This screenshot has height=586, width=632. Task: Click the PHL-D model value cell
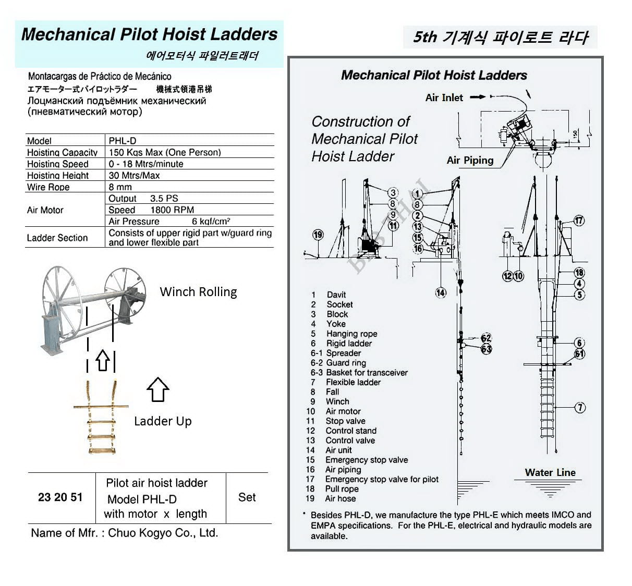click(123, 140)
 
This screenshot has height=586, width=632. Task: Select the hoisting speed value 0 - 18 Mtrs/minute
click(146, 164)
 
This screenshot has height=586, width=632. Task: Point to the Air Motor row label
click(45, 210)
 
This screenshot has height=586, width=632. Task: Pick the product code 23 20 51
click(60, 497)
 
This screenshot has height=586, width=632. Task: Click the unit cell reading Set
click(247, 497)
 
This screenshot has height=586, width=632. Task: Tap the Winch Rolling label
click(198, 292)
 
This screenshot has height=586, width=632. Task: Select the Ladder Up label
click(163, 421)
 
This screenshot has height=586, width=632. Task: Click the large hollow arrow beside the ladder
click(157, 389)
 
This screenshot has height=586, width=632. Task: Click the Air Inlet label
click(444, 97)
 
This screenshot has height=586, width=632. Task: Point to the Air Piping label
click(470, 160)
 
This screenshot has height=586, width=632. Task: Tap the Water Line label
click(550, 472)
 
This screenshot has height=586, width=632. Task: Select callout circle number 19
click(318, 235)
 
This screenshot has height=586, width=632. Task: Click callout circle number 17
click(579, 221)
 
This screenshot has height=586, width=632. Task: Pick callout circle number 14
click(441, 292)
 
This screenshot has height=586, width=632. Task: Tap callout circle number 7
click(580, 407)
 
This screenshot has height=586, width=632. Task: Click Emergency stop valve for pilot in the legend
click(382, 479)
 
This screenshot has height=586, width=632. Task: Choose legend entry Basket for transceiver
click(367, 373)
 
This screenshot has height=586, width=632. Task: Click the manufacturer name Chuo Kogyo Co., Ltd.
click(163, 533)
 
